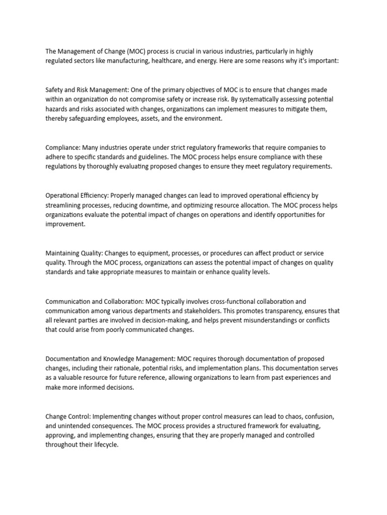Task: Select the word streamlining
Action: tap(65, 205)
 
